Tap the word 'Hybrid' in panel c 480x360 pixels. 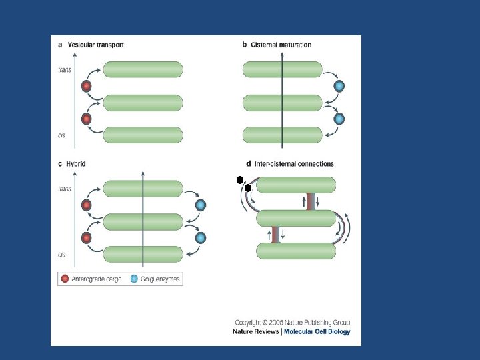(76, 164)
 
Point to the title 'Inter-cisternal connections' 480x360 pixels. (294, 164)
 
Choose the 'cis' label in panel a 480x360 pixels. (62, 135)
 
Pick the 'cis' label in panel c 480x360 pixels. (62, 254)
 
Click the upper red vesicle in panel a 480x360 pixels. (86, 86)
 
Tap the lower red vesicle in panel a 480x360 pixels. (86, 119)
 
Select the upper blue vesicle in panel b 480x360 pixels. (339, 86)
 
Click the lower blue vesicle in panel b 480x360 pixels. (339, 119)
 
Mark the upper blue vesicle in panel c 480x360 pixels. (200, 205)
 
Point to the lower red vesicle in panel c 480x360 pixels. (86, 238)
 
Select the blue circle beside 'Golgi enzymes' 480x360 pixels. (134, 279)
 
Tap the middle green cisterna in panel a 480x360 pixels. (143, 103)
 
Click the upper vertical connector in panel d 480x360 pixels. (309, 201)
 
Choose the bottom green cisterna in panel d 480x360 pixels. (296, 251)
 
